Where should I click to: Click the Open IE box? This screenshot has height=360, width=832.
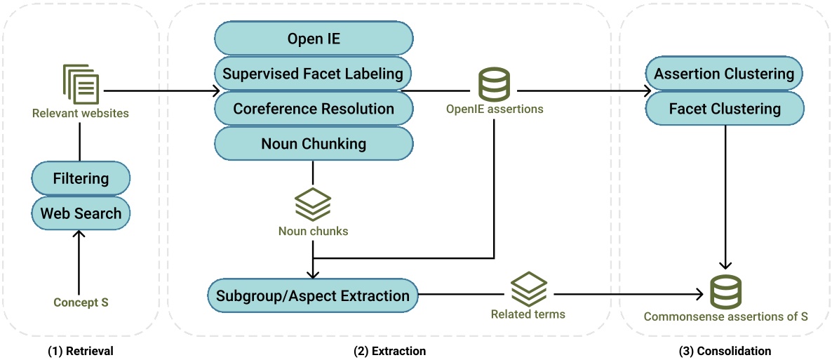pyautogui.click(x=314, y=38)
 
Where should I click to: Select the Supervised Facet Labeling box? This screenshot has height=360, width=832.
pyautogui.click(x=314, y=73)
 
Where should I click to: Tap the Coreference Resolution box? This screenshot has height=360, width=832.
pyautogui.click(x=314, y=109)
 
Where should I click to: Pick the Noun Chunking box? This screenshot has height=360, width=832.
pyautogui.click(x=314, y=144)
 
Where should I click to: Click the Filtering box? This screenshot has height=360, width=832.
pyautogui.click(x=81, y=178)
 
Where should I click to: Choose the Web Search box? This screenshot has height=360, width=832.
pyautogui.click(x=81, y=213)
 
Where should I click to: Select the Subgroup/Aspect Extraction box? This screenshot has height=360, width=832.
pyautogui.click(x=313, y=295)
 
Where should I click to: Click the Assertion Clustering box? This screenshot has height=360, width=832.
pyautogui.click(x=724, y=74)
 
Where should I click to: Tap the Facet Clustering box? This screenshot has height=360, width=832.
pyautogui.click(x=724, y=109)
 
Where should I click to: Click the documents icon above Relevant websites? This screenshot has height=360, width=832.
pyautogui.click(x=81, y=84)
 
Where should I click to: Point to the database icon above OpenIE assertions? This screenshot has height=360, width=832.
pyautogui.click(x=495, y=84)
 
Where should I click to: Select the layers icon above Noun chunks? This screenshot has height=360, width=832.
pyautogui.click(x=313, y=204)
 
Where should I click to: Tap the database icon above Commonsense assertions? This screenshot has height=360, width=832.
pyautogui.click(x=725, y=293)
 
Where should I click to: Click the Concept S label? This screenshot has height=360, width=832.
pyautogui.click(x=81, y=302)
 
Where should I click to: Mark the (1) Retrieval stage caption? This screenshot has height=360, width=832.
pyautogui.click(x=81, y=350)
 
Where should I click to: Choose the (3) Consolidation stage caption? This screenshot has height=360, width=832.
pyautogui.click(x=725, y=350)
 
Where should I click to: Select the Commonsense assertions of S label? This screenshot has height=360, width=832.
pyautogui.click(x=725, y=316)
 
